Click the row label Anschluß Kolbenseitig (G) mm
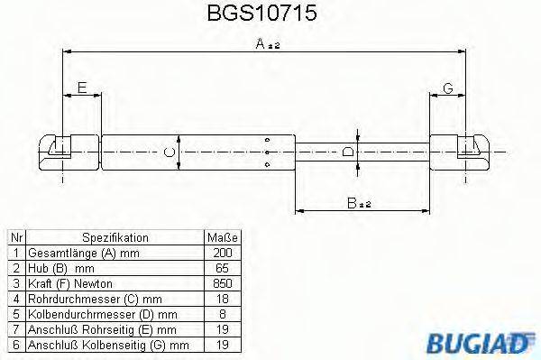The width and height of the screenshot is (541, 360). (x=108, y=344)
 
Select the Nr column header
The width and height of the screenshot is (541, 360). (x=15, y=237)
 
